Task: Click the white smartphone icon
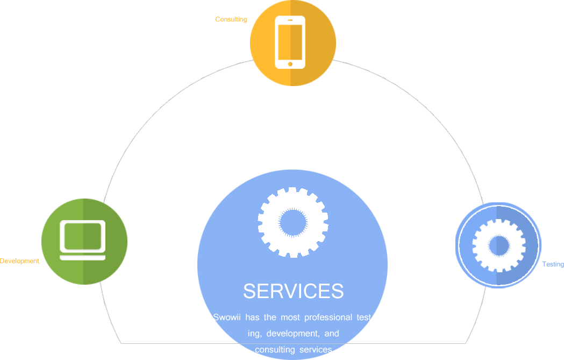tap(290, 42)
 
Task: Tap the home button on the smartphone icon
tap(290, 64)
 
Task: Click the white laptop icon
tap(83, 240)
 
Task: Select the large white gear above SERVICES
tap(293, 222)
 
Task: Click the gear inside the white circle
tap(499, 246)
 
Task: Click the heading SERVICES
tap(293, 291)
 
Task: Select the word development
tap(292, 334)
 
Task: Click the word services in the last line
tap(316, 350)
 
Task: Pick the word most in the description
tap(290, 317)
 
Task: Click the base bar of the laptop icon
tap(83, 258)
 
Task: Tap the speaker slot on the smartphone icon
tap(290, 20)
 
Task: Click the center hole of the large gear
tap(293, 222)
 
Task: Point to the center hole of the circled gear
tap(499, 246)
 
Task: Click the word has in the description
tap(252, 317)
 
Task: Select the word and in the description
tap(332, 334)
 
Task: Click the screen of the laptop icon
tap(83, 236)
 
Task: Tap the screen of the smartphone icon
tap(290, 41)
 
